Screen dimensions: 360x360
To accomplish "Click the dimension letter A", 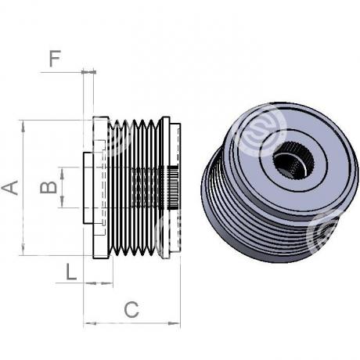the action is click(x=10, y=187).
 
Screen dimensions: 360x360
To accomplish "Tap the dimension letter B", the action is click(x=49, y=187).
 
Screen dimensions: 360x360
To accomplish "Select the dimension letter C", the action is click(x=131, y=310).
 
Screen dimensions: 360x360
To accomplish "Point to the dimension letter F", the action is click(x=55, y=59).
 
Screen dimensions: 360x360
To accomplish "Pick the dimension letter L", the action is click(x=71, y=272).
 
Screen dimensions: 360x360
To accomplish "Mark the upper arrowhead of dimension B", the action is click(x=62, y=173).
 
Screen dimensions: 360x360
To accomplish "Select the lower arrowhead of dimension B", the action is click(x=62, y=201).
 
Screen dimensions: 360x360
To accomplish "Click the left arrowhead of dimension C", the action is click(x=90, y=323).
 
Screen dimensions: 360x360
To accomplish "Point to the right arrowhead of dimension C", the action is click(x=174, y=323).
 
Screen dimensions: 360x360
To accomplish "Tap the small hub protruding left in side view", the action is click(x=88, y=188).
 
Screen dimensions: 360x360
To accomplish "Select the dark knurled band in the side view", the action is click(x=173, y=188).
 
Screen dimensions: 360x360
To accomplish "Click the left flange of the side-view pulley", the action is click(x=101, y=188).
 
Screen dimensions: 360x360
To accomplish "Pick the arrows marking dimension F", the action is click(x=88, y=72).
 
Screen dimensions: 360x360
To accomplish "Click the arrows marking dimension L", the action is click(x=99, y=283).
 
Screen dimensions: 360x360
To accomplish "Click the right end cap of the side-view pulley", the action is click(x=175, y=188).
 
